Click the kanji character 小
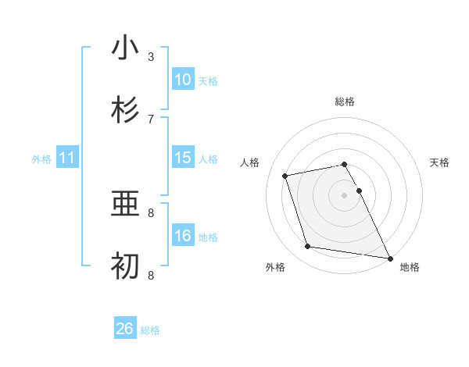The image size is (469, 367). (x=125, y=48)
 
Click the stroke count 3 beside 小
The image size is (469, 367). (x=151, y=56)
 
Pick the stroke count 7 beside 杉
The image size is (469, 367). (x=151, y=119)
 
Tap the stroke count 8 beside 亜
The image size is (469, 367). (x=151, y=212)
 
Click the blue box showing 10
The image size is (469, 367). (x=183, y=80)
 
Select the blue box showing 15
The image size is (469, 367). (x=183, y=158)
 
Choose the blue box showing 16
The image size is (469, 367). (x=183, y=237)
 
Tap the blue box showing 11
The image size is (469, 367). (x=67, y=159)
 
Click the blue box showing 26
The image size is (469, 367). (x=125, y=329)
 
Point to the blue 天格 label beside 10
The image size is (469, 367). (x=208, y=80)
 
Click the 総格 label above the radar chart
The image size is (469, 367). (x=345, y=102)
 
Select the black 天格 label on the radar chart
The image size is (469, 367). (x=439, y=162)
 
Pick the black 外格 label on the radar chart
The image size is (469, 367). (x=275, y=267)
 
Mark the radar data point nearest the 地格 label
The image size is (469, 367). (x=388, y=257)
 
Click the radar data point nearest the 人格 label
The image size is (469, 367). (x=285, y=175)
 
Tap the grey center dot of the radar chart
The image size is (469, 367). (x=345, y=194)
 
